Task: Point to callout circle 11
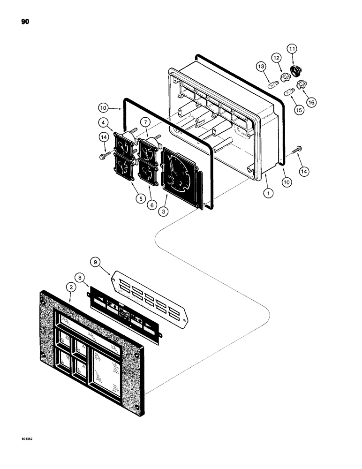(x=292, y=49)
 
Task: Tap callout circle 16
(x=310, y=101)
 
